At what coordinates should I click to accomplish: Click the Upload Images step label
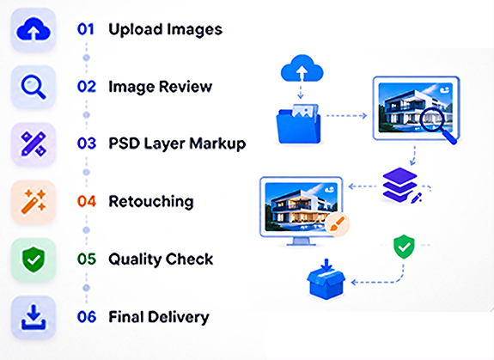pyautogui.click(x=166, y=30)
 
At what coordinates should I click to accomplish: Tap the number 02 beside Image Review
pyautogui.click(x=87, y=87)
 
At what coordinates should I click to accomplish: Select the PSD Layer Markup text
pyautogui.click(x=177, y=144)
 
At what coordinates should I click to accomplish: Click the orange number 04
pyautogui.click(x=87, y=201)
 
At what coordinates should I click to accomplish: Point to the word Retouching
pyautogui.click(x=151, y=202)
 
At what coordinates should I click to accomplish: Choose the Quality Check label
pyautogui.click(x=161, y=259)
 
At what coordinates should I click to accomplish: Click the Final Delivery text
pyautogui.click(x=159, y=317)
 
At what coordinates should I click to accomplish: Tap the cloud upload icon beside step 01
pyautogui.click(x=34, y=30)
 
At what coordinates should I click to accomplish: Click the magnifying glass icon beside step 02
pyautogui.click(x=34, y=88)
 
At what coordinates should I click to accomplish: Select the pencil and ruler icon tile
pyautogui.click(x=34, y=144)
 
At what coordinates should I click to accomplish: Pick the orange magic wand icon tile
pyautogui.click(x=34, y=202)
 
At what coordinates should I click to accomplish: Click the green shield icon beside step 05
pyautogui.click(x=34, y=259)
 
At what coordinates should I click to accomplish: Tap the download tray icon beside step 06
pyautogui.click(x=34, y=317)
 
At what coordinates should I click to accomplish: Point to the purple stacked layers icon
pyautogui.click(x=399, y=185)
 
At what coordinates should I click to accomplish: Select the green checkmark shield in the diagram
pyautogui.click(x=404, y=247)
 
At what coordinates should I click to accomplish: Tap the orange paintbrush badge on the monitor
pyautogui.click(x=337, y=224)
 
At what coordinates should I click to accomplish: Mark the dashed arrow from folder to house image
pyautogui.click(x=346, y=116)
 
